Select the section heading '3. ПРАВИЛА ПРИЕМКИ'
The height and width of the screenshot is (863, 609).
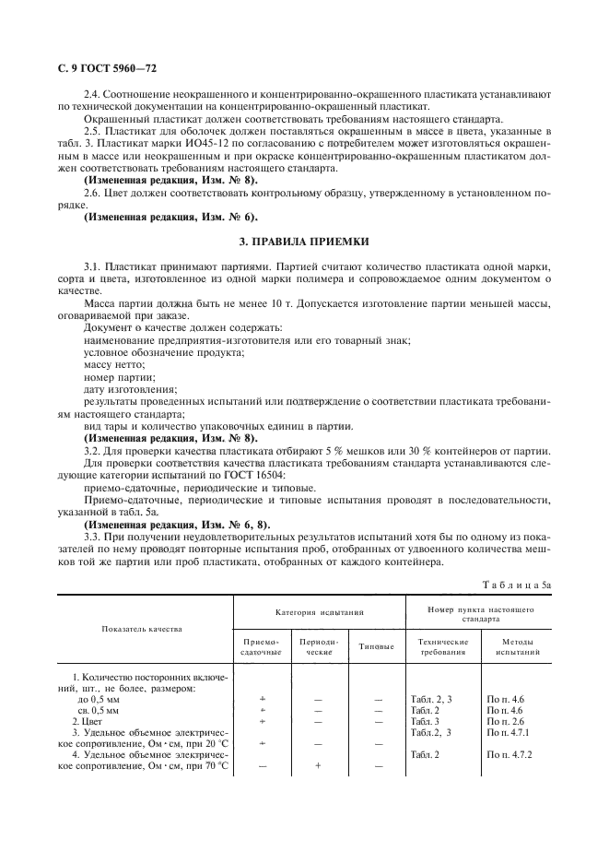(x=304, y=241)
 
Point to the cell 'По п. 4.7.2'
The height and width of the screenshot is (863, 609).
(x=511, y=754)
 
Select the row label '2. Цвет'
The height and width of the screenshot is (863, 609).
(x=88, y=720)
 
